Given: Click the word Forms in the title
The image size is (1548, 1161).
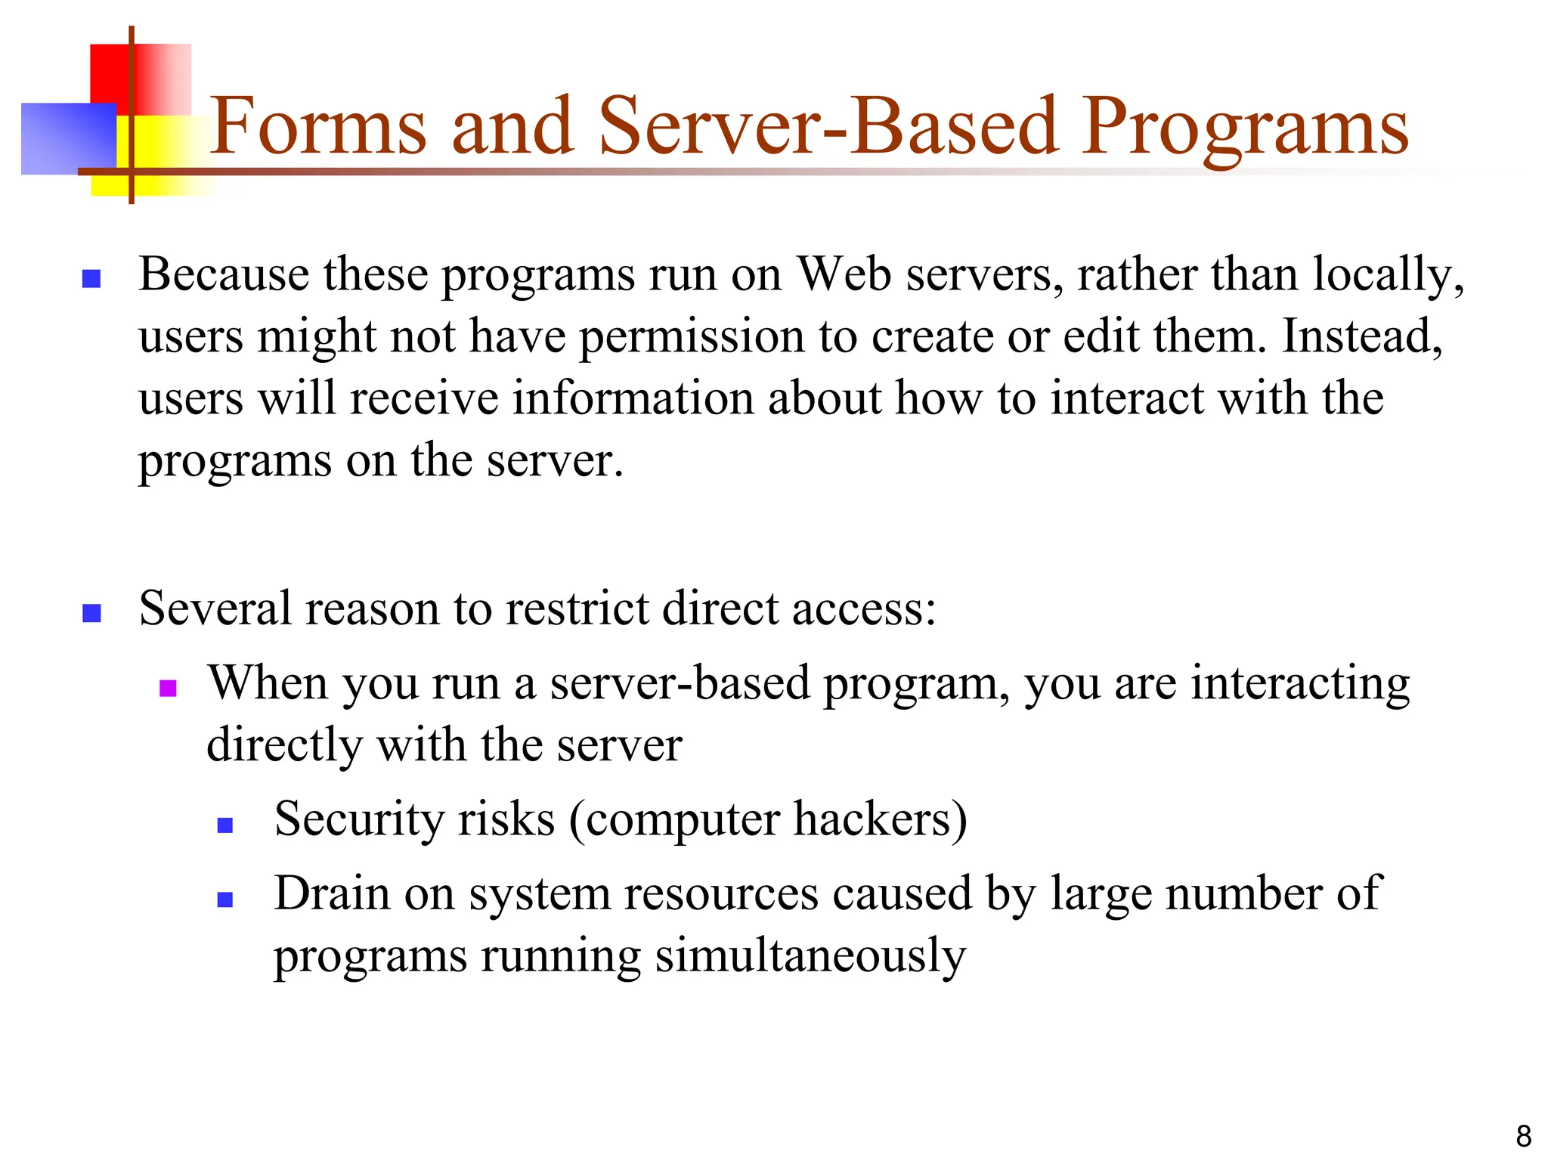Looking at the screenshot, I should (x=317, y=126).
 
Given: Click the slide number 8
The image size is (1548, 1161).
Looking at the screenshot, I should (x=1523, y=1136).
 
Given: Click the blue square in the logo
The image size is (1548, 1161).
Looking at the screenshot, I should (x=68, y=138).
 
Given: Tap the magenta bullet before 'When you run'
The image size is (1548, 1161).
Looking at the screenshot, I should (x=168, y=688).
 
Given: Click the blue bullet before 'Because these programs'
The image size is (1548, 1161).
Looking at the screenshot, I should (x=91, y=279).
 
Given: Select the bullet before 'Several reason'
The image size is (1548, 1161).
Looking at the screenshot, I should (x=91, y=612).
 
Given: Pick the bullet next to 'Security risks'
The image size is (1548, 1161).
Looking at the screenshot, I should (x=224, y=825).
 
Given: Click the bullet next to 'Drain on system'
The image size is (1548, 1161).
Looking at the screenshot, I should (x=224, y=899).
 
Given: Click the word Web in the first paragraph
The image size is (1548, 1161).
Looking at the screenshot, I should (x=844, y=274).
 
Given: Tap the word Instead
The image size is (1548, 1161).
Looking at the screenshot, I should (x=1362, y=336).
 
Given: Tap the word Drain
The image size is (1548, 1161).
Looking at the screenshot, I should (x=332, y=893).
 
